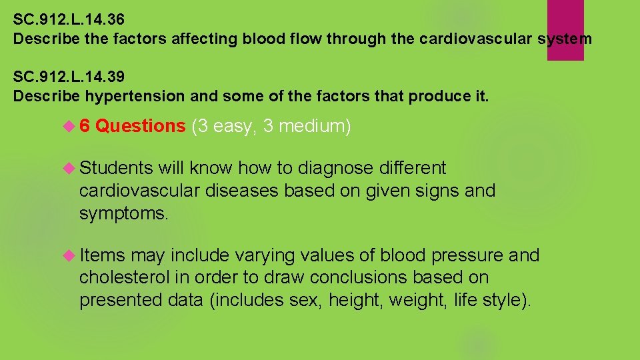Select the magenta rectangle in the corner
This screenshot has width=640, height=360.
click(x=565, y=30)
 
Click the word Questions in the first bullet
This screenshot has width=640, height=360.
click(x=140, y=126)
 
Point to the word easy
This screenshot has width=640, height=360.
click(x=233, y=126)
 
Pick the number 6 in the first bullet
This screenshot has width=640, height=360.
click(x=85, y=126)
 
